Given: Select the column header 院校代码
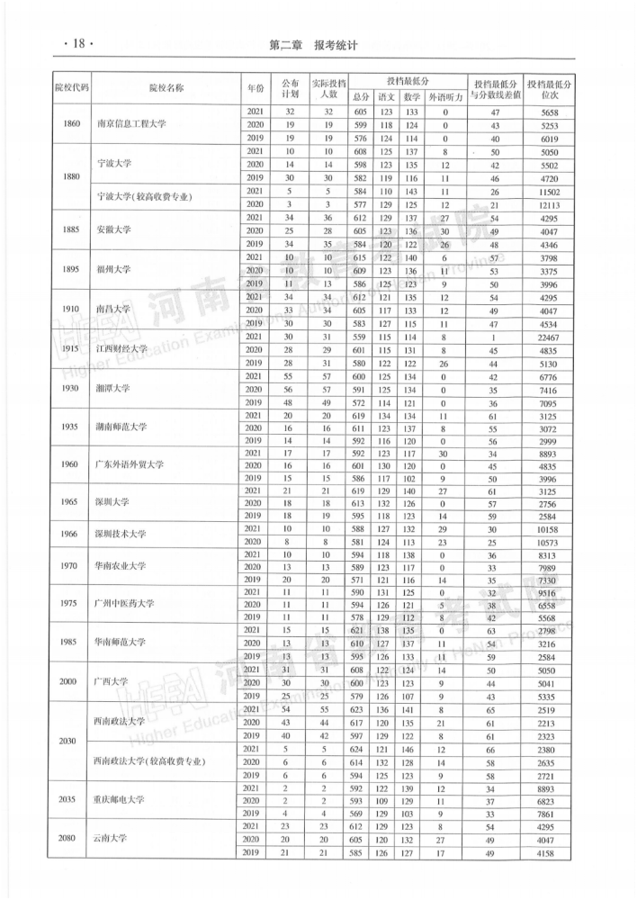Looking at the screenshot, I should click(x=72, y=87).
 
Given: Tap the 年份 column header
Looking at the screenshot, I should click(x=254, y=87).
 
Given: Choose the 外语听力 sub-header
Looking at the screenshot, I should click(x=444, y=96).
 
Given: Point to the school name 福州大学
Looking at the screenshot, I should click(x=114, y=268).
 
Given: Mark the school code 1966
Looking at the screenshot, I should click(x=72, y=535).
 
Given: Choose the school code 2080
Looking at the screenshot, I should click(x=72, y=838).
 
